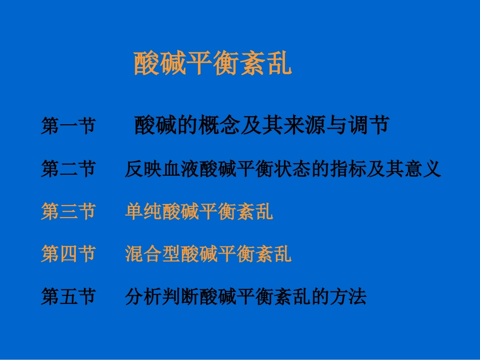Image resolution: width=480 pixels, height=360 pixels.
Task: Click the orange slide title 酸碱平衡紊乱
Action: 213,63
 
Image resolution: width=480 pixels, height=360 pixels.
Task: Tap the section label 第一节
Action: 68,126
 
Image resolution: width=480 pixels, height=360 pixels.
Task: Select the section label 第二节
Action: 68,169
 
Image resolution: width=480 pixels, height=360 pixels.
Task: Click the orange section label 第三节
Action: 68,212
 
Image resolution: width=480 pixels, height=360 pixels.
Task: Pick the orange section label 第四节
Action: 68,254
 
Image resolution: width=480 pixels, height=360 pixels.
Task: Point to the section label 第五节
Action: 68,296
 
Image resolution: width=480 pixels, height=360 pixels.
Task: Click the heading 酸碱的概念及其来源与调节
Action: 261,126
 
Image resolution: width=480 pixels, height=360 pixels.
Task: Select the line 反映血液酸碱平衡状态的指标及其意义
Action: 282,169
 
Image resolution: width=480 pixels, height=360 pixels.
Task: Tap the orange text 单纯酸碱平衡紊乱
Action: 199,212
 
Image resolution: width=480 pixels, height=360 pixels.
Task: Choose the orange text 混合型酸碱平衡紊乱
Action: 208,254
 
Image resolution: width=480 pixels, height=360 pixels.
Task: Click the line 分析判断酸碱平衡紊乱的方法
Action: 245,296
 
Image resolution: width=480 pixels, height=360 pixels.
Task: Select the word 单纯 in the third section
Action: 143,212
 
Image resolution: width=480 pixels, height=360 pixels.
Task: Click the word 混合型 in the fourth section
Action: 153,254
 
